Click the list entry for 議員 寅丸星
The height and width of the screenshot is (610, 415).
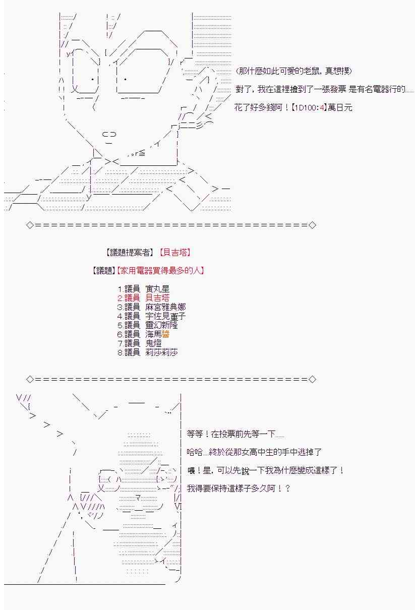tap(143, 289)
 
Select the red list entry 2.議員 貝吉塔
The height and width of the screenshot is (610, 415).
tap(143, 297)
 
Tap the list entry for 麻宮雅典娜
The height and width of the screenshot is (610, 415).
tap(151, 307)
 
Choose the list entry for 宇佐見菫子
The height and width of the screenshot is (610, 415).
tap(151, 316)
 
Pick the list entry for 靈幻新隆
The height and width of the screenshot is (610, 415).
tap(147, 325)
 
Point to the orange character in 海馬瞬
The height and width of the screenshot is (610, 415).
tap(165, 334)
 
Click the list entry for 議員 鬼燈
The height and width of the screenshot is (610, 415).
tap(139, 343)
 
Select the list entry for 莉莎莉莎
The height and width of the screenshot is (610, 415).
tap(147, 352)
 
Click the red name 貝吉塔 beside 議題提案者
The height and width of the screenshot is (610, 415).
tap(175, 253)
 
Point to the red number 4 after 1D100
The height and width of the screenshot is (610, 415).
tap(322, 107)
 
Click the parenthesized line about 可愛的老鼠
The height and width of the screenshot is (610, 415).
tap(294, 71)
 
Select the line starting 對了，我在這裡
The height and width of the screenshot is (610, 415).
tap(325, 89)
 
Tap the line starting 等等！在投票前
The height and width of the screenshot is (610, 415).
tap(235, 434)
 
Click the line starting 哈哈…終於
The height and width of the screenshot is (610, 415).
tap(254, 452)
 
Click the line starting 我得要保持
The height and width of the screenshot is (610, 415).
tap(239, 489)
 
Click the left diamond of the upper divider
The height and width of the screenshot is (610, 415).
tap(30, 225)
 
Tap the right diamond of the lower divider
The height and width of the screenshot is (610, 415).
tap(312, 379)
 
